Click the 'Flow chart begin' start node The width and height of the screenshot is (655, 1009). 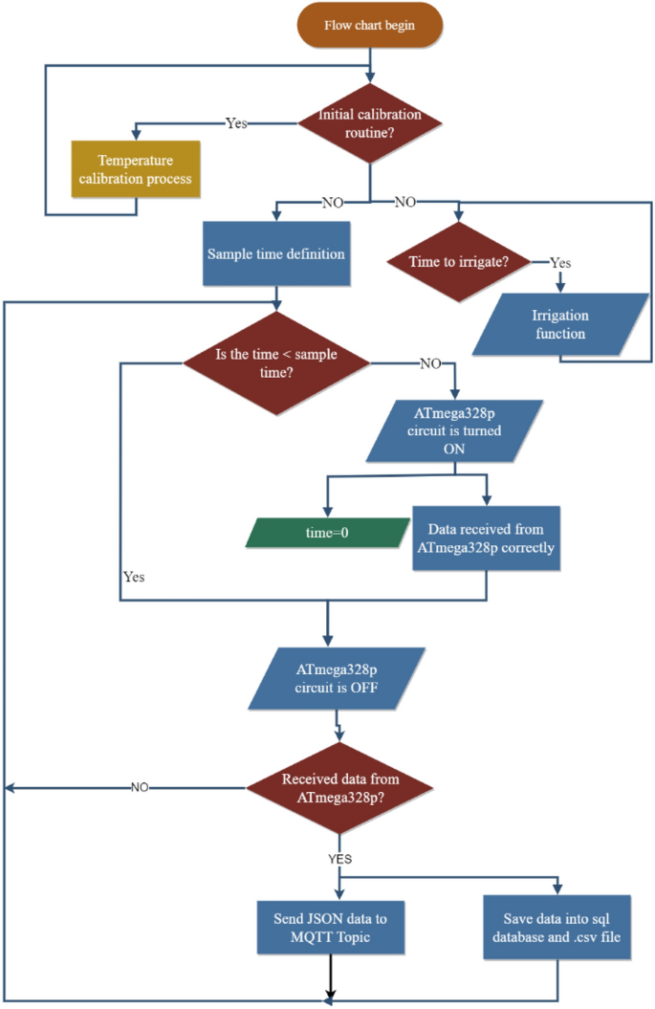click(369, 26)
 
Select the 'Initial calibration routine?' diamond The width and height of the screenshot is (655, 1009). click(369, 122)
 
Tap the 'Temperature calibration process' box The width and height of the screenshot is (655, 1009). click(136, 170)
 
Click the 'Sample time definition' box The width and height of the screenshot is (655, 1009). click(276, 254)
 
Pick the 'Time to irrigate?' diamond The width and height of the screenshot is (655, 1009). click(457, 261)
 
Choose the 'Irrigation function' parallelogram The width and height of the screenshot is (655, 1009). click(560, 324)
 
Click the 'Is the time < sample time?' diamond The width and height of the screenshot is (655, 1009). click(277, 363)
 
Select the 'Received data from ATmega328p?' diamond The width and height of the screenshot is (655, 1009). click(340, 787)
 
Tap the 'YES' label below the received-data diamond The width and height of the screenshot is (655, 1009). click(340, 858)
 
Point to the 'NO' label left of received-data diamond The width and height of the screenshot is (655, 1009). click(140, 787)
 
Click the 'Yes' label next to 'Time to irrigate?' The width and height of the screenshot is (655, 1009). click(561, 261)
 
